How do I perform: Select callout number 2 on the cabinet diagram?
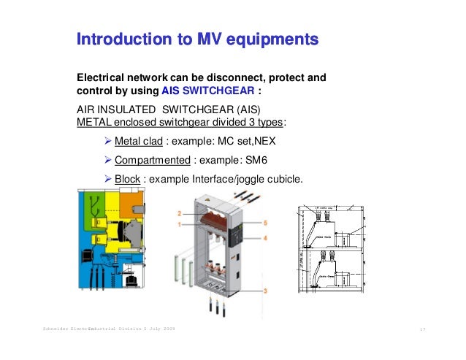pos(178,213)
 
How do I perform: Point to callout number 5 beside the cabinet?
pos(266,221)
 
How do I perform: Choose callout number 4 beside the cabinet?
pos(266,238)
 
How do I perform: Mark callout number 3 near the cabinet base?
pos(266,291)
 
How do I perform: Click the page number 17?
pos(421,330)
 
